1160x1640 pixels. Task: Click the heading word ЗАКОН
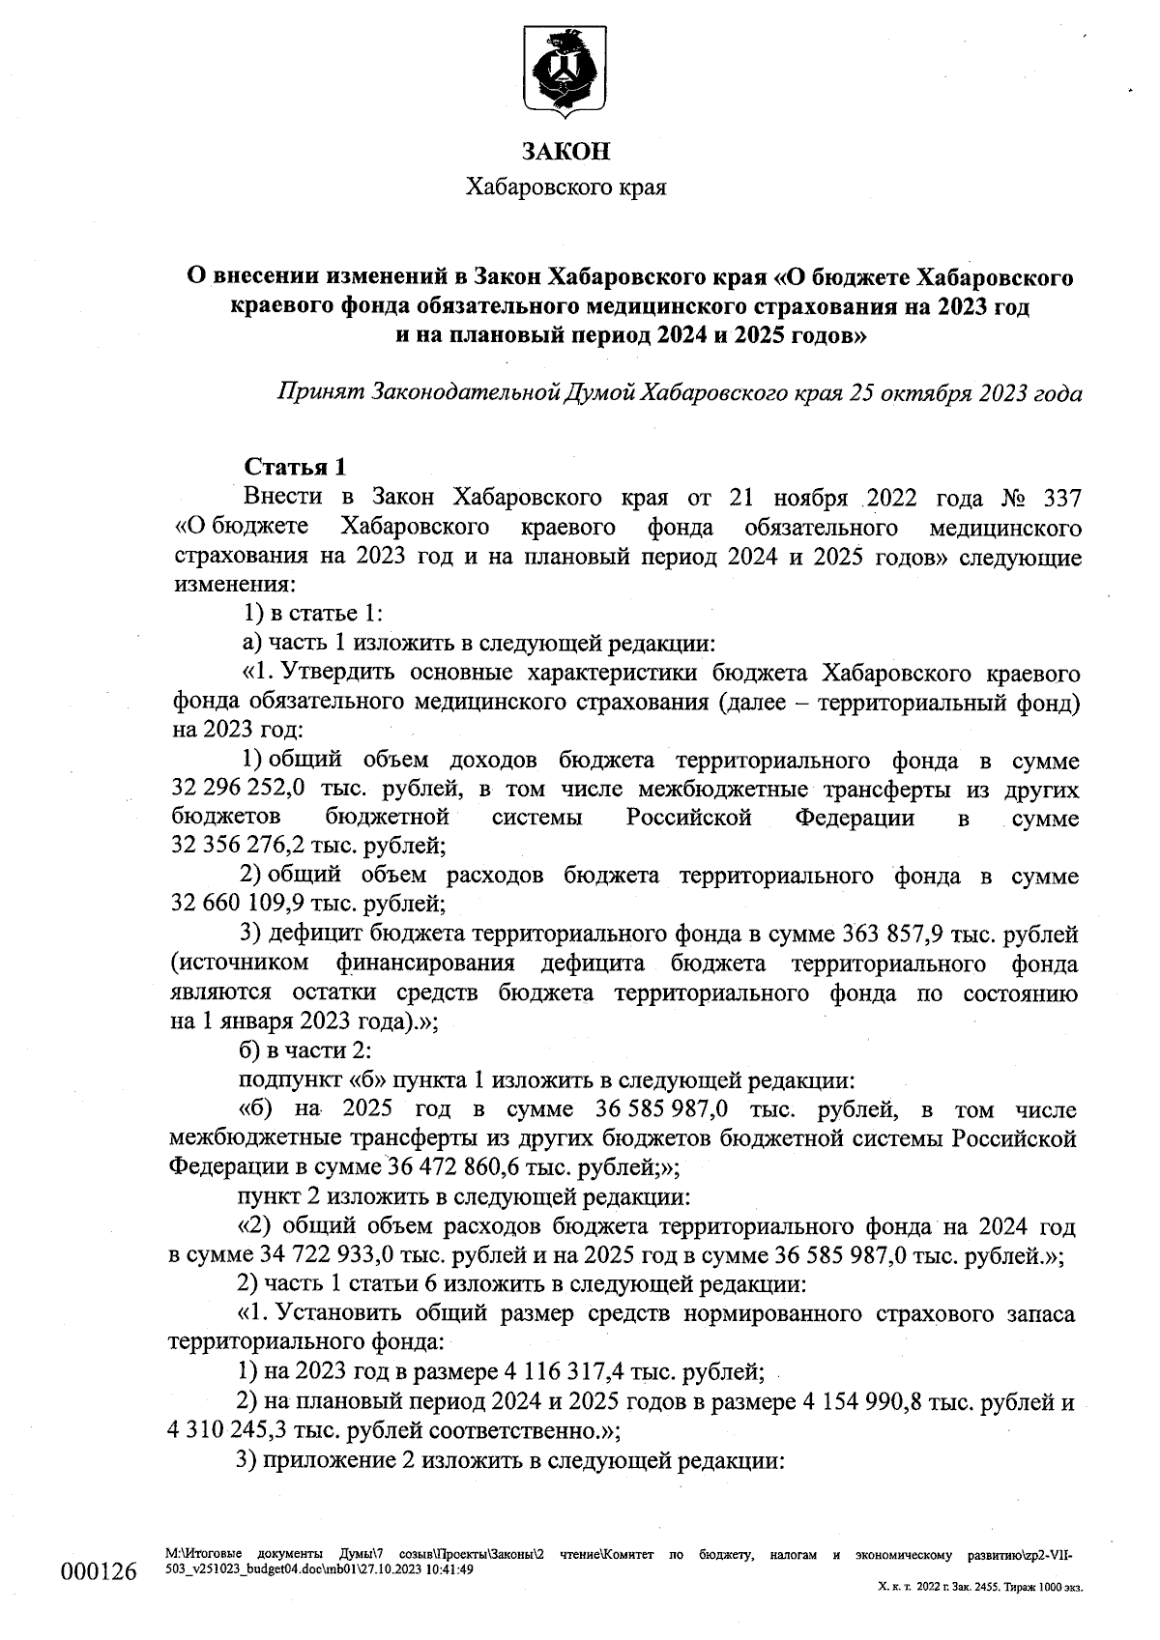pyautogui.click(x=565, y=152)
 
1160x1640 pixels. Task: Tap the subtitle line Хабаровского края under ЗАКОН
pyautogui.click(x=565, y=187)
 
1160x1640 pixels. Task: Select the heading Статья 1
pyautogui.click(x=295, y=467)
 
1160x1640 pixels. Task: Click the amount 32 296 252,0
pyautogui.click(x=225, y=790)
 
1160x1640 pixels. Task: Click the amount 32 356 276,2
pyautogui.click(x=225, y=847)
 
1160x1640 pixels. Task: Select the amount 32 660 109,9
pyautogui.click(x=224, y=905)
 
